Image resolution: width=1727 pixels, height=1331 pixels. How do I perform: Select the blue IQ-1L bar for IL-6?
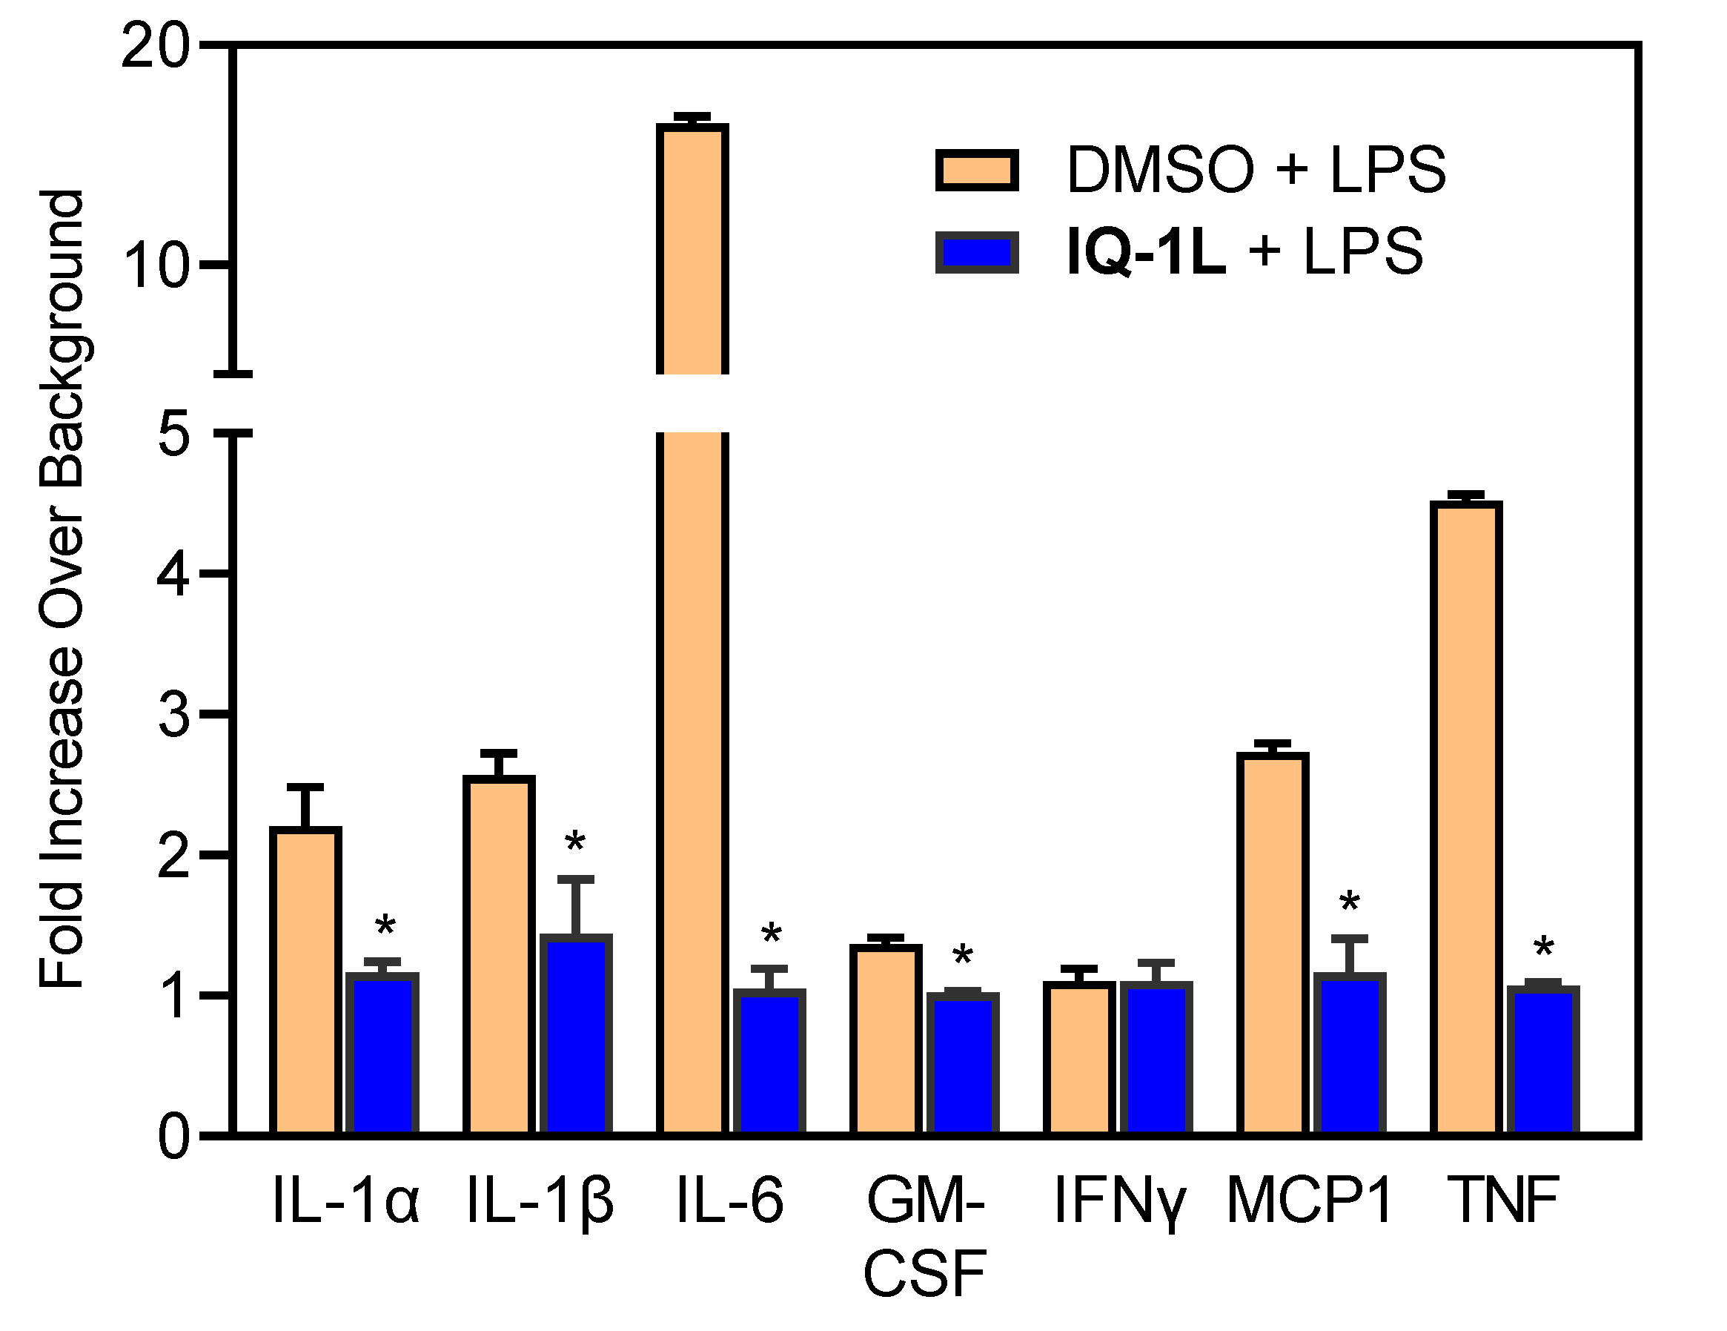769,1064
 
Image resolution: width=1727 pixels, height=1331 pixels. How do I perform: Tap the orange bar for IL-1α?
305,981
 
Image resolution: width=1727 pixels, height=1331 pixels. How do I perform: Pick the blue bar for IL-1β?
576,1036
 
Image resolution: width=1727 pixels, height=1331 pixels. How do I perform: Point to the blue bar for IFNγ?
1156,1060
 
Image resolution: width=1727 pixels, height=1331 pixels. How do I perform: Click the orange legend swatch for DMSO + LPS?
977,170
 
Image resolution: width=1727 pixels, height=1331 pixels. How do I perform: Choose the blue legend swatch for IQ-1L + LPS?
977,252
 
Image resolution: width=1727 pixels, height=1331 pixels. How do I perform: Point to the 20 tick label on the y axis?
155,47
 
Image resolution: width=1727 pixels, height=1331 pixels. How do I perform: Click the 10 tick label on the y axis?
156,265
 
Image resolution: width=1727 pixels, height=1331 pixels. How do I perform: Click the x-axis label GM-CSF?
925,1238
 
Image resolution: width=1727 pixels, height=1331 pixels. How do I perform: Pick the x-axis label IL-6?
730,1200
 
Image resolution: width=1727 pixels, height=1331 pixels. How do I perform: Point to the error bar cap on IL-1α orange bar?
305,787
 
